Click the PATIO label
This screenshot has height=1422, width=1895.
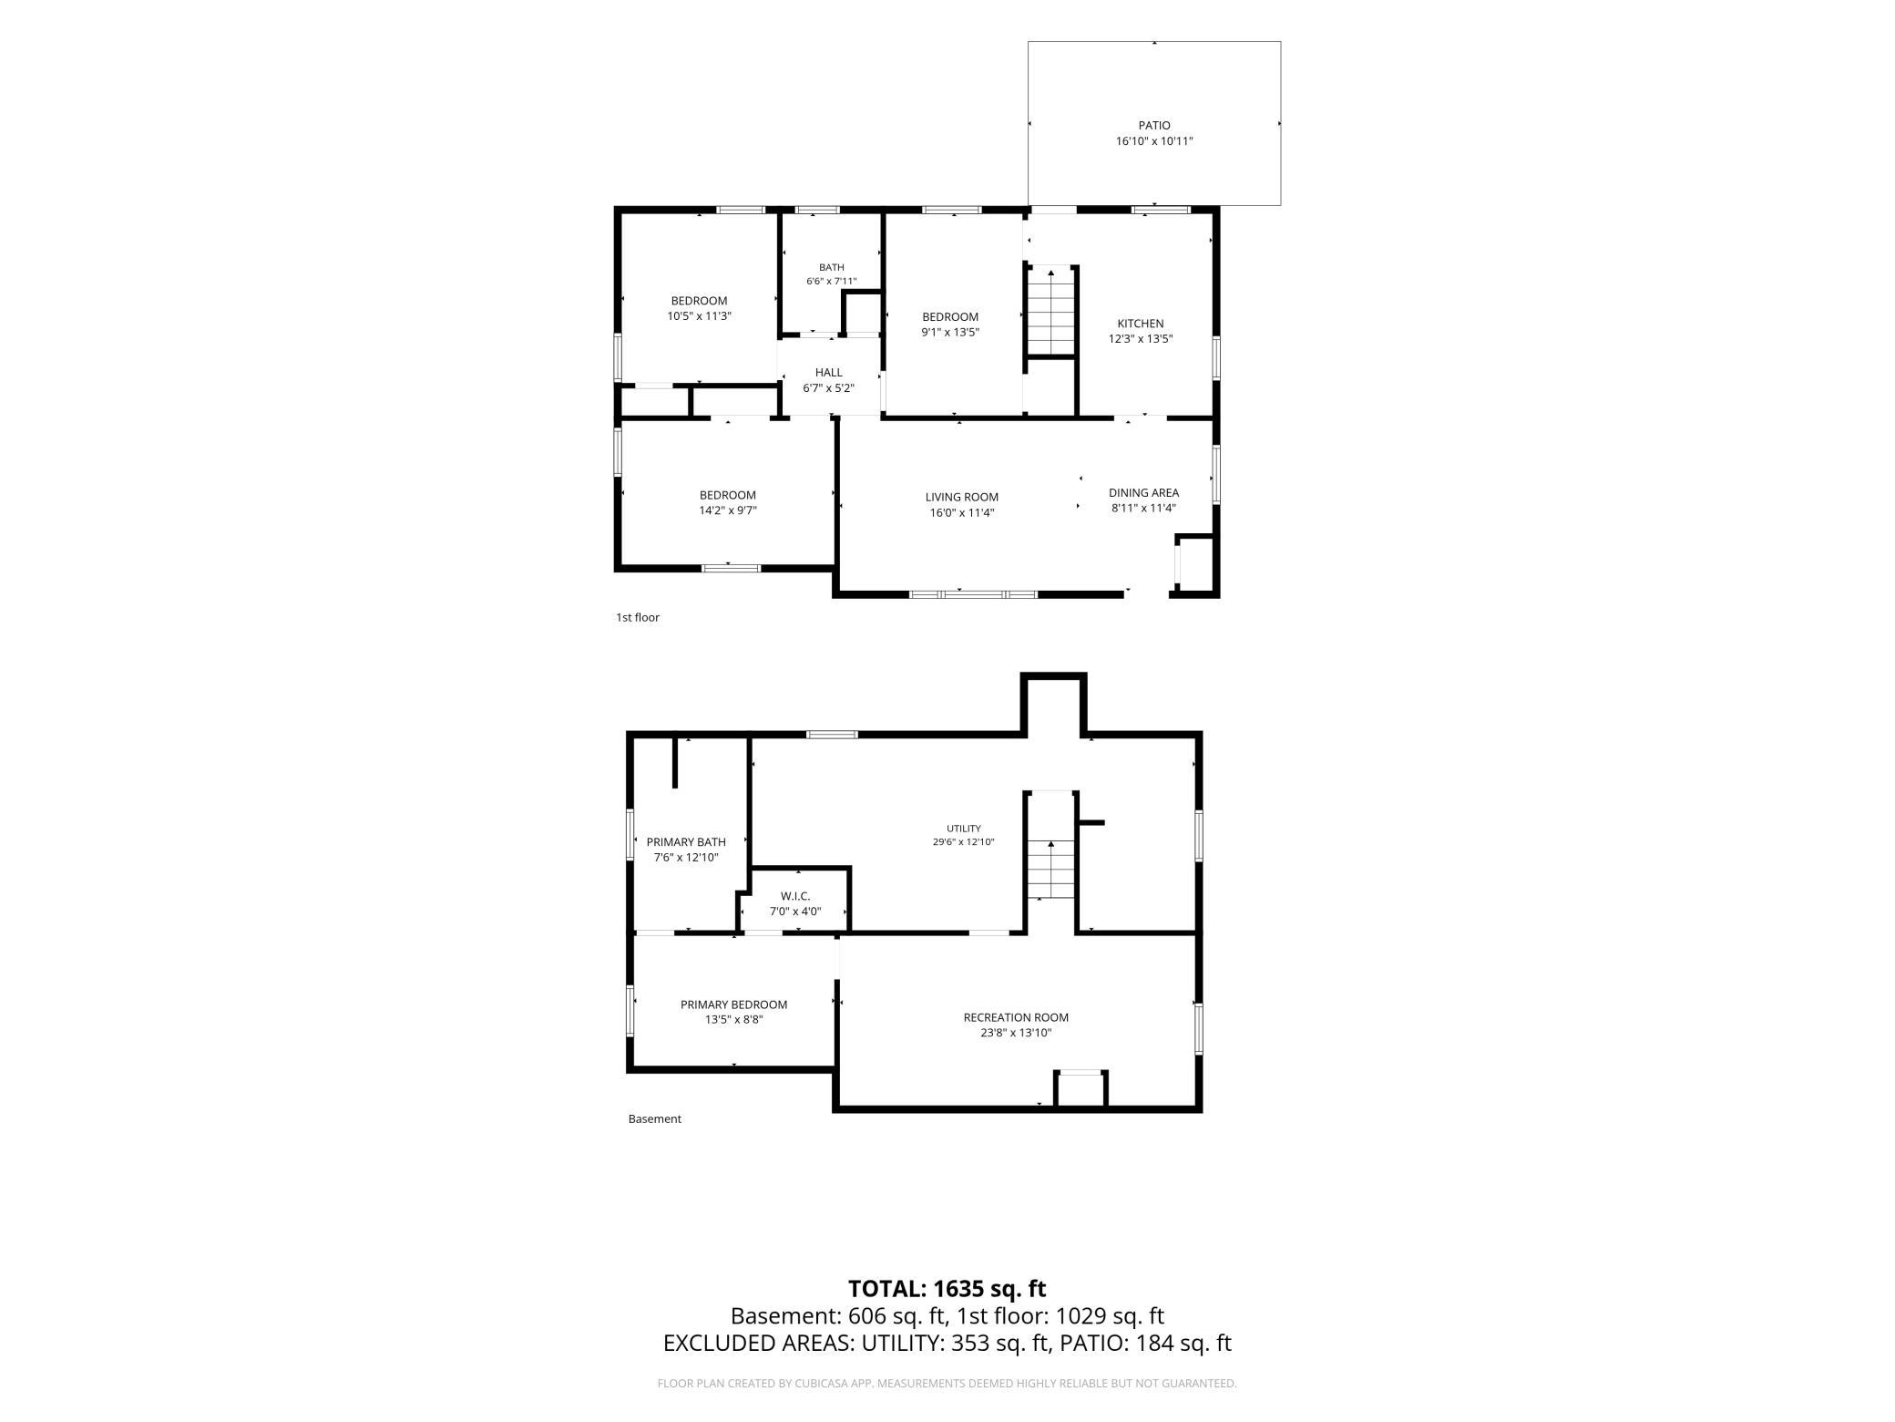click(x=1154, y=126)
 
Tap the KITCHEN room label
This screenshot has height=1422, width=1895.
click(x=1141, y=324)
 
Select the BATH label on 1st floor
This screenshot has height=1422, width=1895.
click(x=831, y=267)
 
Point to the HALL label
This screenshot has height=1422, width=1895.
click(x=829, y=373)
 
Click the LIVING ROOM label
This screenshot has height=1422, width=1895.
click(x=962, y=498)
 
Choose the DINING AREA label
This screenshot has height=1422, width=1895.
click(x=1143, y=493)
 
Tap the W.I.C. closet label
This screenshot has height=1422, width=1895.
click(x=795, y=897)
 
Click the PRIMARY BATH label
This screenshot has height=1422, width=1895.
click(x=686, y=842)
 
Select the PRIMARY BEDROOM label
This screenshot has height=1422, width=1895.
click(x=733, y=1005)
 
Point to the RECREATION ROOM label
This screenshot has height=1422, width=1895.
click(x=1016, y=1017)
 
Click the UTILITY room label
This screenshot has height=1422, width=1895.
click(x=963, y=829)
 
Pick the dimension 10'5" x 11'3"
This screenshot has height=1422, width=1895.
click(x=700, y=316)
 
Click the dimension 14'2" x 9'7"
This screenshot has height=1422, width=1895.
click(x=728, y=510)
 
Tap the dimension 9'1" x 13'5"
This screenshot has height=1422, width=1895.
click(x=950, y=333)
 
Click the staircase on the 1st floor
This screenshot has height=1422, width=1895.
click(x=1050, y=312)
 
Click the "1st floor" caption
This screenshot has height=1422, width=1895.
click(x=638, y=618)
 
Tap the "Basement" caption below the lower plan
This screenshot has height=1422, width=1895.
click(x=655, y=1119)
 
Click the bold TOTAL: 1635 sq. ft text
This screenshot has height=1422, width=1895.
click(x=947, y=1289)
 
